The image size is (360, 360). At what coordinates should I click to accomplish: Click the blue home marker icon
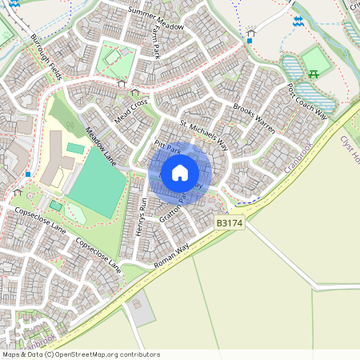pos(180,172)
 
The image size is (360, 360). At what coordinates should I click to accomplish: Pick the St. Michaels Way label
pos(210,136)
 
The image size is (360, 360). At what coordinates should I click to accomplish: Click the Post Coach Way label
pos(307,101)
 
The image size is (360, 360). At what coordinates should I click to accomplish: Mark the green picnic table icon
pos(314,74)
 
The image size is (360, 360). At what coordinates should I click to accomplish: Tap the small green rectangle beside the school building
pos(74,148)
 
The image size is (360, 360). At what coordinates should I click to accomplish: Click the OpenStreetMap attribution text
pos(80,354)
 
